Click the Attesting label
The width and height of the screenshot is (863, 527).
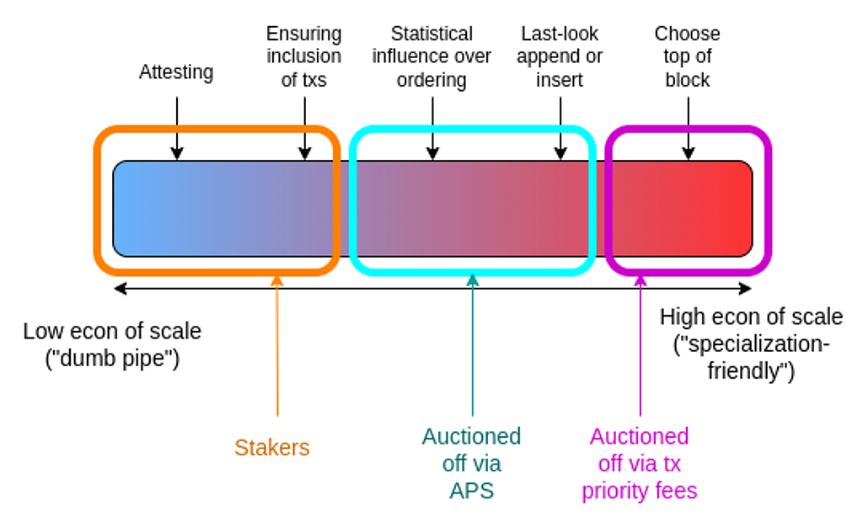tap(176, 72)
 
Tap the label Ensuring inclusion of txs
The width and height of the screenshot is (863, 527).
tap(303, 56)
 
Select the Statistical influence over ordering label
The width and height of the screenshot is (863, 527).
tap(431, 56)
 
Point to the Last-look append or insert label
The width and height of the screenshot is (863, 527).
tap(560, 56)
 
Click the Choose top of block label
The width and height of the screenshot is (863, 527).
tap(688, 56)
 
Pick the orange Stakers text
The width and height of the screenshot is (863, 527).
tap(272, 447)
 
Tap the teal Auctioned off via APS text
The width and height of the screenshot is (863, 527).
tap(472, 463)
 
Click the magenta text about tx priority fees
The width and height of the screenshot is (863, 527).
tap(640, 463)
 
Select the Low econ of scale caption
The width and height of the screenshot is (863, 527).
tap(112, 344)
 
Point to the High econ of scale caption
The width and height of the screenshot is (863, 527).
tap(751, 343)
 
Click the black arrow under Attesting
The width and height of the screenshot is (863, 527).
tap(177, 128)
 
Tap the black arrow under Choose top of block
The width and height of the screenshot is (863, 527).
tap(688, 128)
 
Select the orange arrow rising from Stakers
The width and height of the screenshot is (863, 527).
tap(277, 346)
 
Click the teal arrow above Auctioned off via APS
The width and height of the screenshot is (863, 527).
tap(472, 345)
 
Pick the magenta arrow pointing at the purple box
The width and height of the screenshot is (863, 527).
tap(641, 346)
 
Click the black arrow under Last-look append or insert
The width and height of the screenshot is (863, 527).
tap(560, 128)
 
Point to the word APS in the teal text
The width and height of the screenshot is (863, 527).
tap(472, 491)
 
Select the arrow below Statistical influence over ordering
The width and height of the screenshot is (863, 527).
tap(432, 128)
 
